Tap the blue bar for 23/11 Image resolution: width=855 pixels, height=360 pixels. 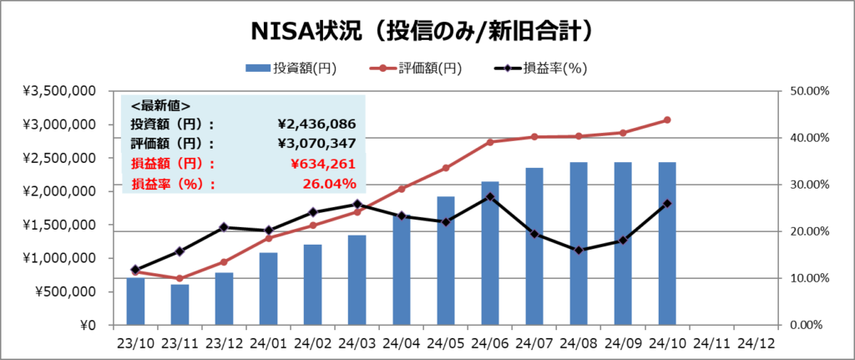coord(180,305)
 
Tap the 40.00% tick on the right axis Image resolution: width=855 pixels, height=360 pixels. coord(805,138)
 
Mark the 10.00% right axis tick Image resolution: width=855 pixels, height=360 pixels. coord(805,278)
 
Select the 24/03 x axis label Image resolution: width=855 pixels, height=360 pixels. coord(357,342)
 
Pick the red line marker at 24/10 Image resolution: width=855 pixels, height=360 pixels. coord(667,120)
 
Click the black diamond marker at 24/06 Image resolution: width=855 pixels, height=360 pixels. coord(490,197)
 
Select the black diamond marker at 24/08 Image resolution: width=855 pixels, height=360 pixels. coord(579,250)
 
